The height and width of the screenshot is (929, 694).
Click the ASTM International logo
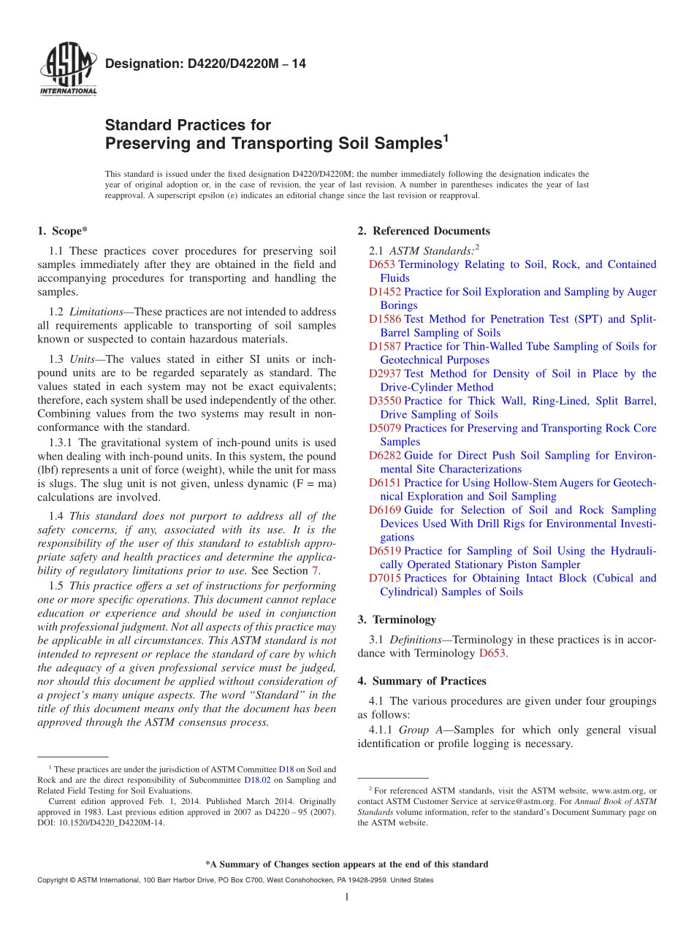coord(68,69)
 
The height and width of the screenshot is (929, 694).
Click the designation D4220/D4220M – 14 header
coord(205,64)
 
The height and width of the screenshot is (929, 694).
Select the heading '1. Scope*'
coord(62,232)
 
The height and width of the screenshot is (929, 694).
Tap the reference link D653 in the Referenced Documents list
coord(382,265)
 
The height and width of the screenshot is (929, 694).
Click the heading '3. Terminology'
coord(397,620)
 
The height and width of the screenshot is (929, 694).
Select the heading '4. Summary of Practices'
coord(422,681)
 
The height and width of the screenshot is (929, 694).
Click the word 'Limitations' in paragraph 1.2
coord(96,312)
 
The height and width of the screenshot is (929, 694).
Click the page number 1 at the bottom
coord(346,897)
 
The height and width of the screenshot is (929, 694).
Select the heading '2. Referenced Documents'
coord(424,232)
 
